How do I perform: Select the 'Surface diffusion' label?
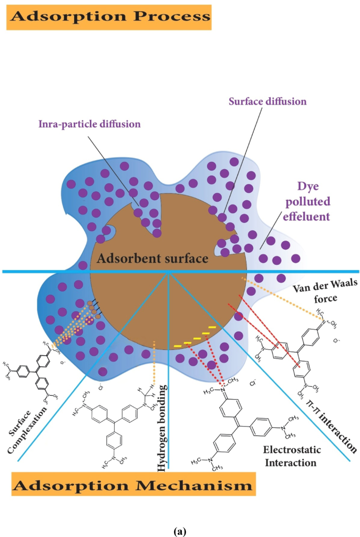267,101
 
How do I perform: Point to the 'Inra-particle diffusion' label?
90,125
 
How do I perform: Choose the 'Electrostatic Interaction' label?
290,457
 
